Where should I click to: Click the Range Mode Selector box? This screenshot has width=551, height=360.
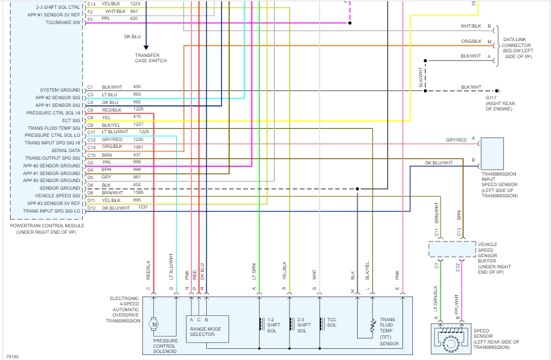coord(207,328)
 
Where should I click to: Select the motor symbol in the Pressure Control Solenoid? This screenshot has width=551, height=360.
coord(154,324)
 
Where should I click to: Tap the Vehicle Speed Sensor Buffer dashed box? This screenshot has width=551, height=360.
coord(452,250)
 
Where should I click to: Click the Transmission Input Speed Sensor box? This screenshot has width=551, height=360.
coord(492,154)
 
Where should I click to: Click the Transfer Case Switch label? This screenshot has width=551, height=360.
coord(150,58)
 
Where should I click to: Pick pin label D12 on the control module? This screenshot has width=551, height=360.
coord(92,208)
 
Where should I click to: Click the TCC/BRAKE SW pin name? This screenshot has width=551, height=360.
coord(63,22)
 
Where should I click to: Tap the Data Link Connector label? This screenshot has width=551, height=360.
coord(516,48)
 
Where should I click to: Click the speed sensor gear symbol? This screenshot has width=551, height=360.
coord(450,343)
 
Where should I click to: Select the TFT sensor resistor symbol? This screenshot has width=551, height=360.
coord(372,325)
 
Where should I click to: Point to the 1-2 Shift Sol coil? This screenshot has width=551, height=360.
coord(261,324)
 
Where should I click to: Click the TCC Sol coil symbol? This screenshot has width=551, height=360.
coord(322,324)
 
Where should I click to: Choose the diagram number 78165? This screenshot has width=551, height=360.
coord(12,356)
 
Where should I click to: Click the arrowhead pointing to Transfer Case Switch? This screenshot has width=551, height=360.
coord(146,48)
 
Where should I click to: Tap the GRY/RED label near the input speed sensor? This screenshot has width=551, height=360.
coord(456,140)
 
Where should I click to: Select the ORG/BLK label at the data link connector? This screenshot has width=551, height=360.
coord(471,41)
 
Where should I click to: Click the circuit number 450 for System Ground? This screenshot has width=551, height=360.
coord(137,86)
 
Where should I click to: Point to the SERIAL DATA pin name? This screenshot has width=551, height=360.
coord(66,150)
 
